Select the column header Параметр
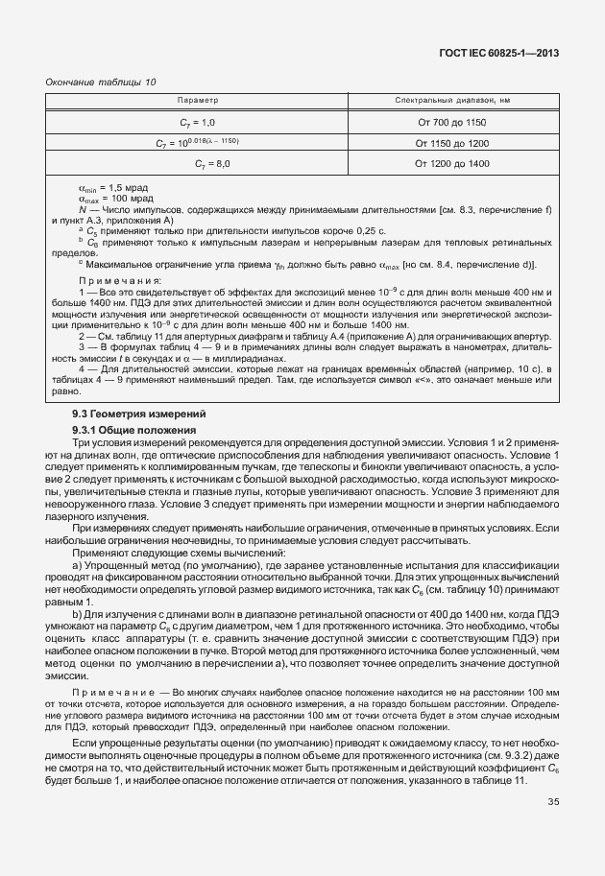tap(199, 101)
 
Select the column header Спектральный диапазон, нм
tap(451, 101)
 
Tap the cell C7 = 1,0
tap(198, 123)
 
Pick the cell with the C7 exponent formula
tap(198, 143)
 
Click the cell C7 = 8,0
tap(198, 165)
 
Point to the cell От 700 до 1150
tap(451, 123)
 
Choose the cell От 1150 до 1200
tap(451, 144)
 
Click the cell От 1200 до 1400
tap(451, 165)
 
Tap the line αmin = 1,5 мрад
tap(113, 188)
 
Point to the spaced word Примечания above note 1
tap(121, 279)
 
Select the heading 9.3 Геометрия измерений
tap(132, 414)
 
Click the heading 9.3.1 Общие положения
tap(134, 430)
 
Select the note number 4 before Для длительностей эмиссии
tap(82, 368)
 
